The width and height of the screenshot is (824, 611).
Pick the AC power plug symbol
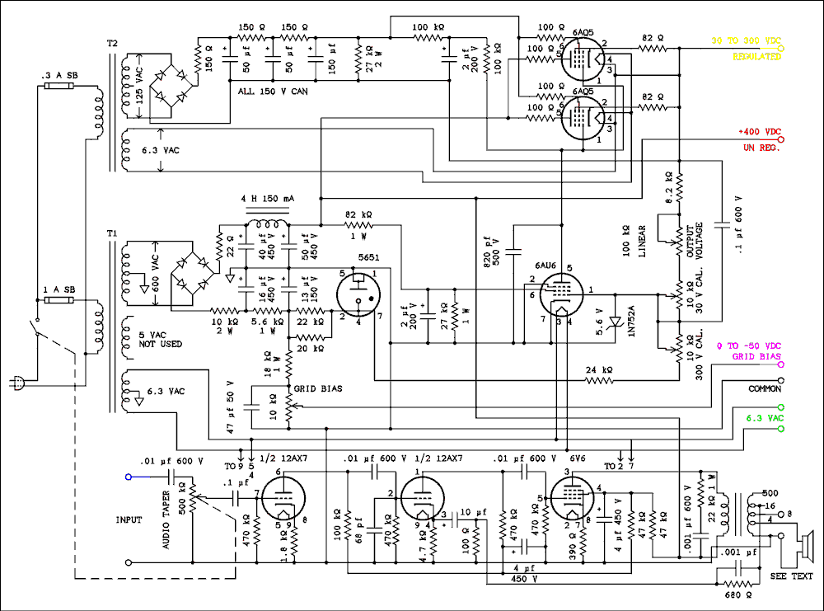coord(15,382)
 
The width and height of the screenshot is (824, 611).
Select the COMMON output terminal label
coord(764,388)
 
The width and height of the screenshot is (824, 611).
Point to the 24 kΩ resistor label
coord(600,369)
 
